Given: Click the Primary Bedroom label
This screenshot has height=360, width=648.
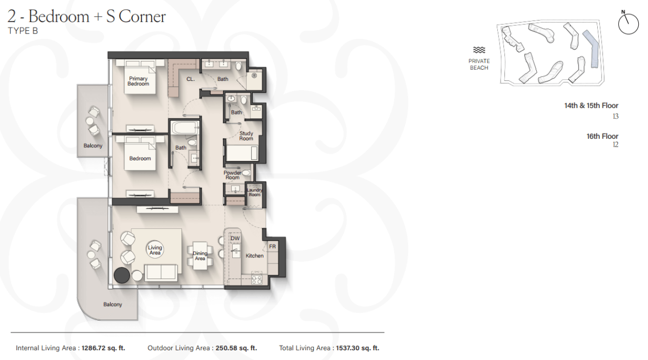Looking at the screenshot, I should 138,81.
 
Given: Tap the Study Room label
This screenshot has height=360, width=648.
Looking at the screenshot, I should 246,136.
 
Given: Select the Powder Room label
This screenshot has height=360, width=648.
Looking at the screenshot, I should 232,175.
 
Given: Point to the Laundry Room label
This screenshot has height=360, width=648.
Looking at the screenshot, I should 254,192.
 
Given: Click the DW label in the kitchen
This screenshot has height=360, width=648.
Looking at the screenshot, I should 235,238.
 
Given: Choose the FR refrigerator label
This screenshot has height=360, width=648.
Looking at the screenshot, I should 273,246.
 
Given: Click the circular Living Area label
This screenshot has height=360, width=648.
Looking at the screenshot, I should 155,250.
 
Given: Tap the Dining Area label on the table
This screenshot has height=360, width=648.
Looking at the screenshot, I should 200,256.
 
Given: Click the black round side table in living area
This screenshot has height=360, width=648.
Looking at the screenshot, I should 122,275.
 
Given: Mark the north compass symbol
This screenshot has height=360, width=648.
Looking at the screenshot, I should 628,24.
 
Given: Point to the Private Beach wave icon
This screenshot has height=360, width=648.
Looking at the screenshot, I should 479,50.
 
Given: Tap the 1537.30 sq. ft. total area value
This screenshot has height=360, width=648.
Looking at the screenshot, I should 357,348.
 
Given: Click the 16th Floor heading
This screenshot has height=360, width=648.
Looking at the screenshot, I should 602,137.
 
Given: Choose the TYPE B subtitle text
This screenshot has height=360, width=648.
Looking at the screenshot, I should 23,31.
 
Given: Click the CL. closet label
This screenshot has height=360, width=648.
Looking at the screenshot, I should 190,79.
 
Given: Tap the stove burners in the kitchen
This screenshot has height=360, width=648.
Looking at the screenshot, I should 256,280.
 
